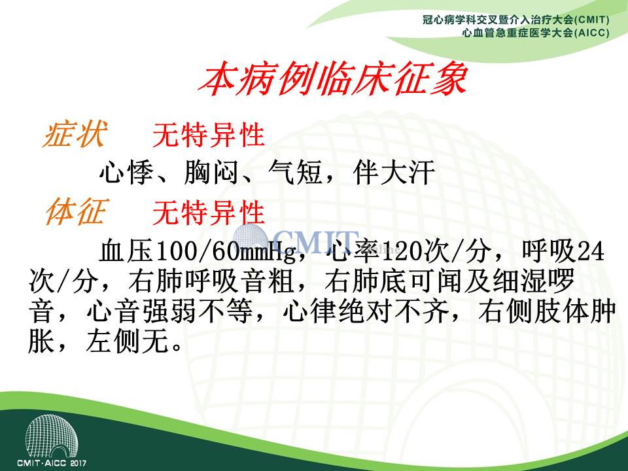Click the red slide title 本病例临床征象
333,78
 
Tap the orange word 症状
75,134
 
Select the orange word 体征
75,211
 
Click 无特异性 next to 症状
208,135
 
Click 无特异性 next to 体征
208,212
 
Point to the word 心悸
126,173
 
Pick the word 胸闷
211,173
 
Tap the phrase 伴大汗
394,173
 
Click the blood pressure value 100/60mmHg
226,251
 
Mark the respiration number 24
590,251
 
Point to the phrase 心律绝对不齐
366,312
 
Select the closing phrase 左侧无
127,341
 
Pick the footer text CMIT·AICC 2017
51,463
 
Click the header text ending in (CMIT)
516,19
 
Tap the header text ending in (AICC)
536,33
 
